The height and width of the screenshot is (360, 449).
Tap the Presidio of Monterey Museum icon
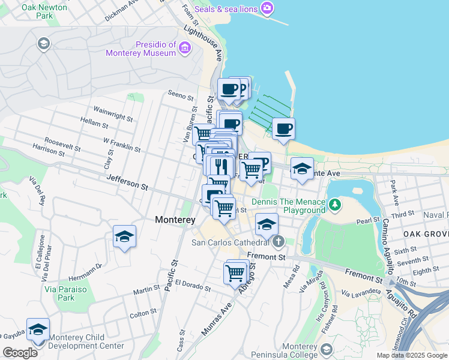coord(185,47)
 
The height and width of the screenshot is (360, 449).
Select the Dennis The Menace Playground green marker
coord(335,206)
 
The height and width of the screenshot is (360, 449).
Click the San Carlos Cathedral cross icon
coord(277,242)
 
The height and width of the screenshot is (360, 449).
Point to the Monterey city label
coord(175,220)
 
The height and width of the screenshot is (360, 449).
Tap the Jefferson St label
coord(127,182)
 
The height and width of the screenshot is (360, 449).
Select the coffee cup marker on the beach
coord(283,128)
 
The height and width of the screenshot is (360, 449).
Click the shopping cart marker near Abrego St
coord(235,273)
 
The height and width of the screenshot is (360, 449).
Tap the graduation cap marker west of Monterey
coord(124,236)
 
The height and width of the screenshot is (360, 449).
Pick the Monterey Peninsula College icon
coord(326,349)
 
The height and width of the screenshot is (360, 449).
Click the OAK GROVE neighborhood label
coord(426,233)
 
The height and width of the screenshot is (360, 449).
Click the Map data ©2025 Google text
coord(411,355)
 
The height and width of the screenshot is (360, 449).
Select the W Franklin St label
coord(121,145)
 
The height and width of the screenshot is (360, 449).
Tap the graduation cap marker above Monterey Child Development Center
coord(38,330)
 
